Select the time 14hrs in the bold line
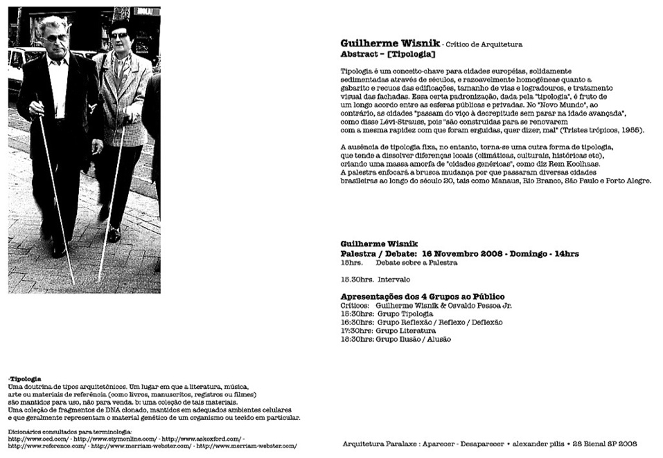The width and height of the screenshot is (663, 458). (564, 254)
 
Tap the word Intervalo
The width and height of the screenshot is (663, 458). (394, 280)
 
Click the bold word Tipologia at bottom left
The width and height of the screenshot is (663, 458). (26, 379)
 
